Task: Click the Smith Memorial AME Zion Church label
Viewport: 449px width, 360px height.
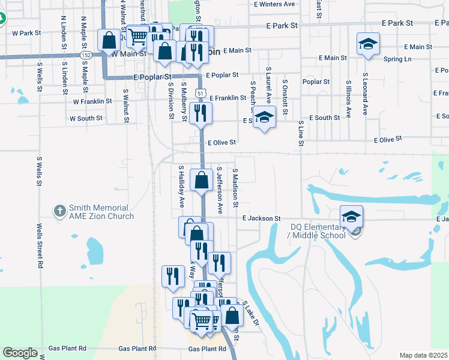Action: pyautogui.click(x=92, y=212)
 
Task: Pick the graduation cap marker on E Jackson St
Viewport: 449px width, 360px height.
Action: pyautogui.click(x=352, y=217)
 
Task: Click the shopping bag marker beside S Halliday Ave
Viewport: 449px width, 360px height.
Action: pyautogui.click(x=202, y=179)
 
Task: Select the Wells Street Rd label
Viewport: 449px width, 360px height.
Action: pyautogui.click(x=39, y=245)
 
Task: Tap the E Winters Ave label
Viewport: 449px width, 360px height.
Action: pyautogui.click(x=274, y=4)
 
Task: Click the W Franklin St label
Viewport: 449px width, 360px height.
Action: pyautogui.click(x=92, y=101)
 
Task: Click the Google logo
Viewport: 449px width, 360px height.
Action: pyautogui.click(x=20, y=353)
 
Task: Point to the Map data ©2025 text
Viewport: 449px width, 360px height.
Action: pyautogui.click(x=424, y=355)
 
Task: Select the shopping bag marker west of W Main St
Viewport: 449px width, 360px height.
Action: pyautogui.click(x=109, y=41)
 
